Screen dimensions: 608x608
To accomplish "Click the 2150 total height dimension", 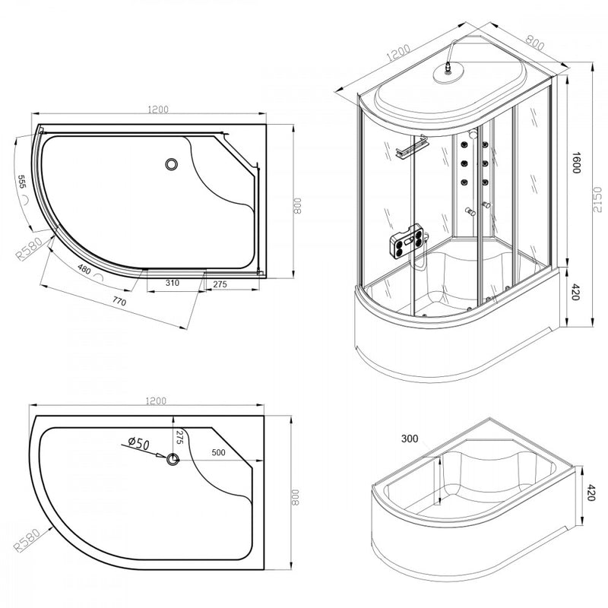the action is tap(597, 199).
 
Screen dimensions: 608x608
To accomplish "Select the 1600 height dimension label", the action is tap(576, 163).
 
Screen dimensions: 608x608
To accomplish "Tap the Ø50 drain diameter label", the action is tap(139, 443).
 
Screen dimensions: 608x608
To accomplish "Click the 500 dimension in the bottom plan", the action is tap(219, 452).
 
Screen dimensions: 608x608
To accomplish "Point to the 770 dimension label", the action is tap(119, 300).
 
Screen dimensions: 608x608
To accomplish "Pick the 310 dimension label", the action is tap(173, 283).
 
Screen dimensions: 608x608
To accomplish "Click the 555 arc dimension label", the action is tap(22, 182).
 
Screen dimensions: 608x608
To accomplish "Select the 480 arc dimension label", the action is tap(84, 269).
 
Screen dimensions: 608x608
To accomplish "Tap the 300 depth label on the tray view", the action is tap(410, 439).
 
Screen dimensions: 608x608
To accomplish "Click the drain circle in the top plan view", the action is tap(171, 164).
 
